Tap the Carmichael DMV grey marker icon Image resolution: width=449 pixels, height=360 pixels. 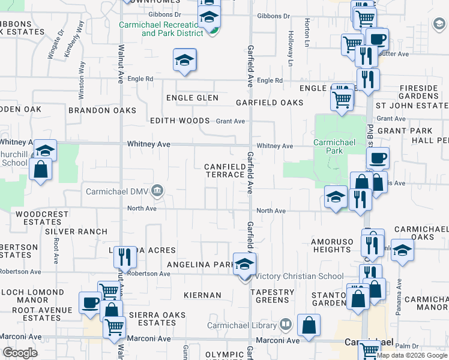[157, 191]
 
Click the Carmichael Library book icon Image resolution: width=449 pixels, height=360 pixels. [286, 326]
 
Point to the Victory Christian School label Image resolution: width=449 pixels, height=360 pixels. [300, 277]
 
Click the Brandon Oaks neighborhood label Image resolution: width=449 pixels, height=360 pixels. [102, 110]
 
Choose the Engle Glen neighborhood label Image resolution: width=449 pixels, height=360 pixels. [192, 98]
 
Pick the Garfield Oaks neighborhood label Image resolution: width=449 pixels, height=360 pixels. [270, 103]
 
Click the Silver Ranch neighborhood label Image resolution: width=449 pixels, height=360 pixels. [76, 232]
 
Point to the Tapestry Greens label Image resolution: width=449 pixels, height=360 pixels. [273, 296]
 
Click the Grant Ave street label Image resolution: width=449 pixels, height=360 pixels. [231, 121]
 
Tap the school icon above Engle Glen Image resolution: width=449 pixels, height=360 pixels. [185, 60]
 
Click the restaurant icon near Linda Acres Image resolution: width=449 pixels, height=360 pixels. [124, 257]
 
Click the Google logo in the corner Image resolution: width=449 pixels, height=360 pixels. [20, 353]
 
